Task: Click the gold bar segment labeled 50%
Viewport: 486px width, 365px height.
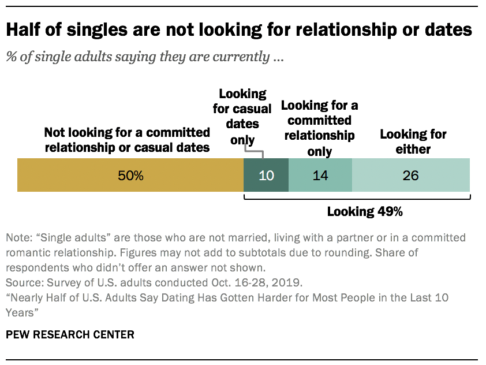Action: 130,176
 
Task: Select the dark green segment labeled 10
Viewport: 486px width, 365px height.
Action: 266,176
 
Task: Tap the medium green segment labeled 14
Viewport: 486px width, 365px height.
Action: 320,176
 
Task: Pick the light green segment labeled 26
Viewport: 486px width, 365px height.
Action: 410,176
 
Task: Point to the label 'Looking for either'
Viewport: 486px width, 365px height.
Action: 412,141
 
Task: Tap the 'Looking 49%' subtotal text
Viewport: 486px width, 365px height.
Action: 364,211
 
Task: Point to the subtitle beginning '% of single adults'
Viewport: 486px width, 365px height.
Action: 144,57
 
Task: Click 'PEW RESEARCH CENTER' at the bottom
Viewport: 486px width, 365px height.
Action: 70,334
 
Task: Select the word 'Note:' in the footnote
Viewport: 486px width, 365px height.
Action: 18,238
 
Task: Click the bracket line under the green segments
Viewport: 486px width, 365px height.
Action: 358,200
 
